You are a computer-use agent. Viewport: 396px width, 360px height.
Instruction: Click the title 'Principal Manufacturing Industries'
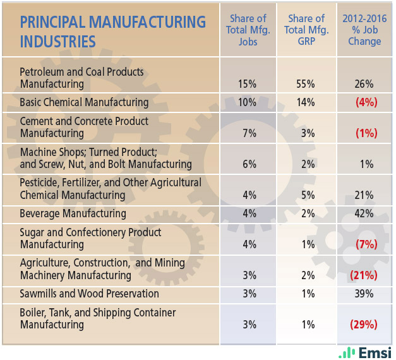(x=112, y=32)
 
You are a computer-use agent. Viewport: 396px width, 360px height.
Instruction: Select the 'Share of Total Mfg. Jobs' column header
(x=248, y=30)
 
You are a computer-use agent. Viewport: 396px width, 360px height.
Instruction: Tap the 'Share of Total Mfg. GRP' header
(x=306, y=30)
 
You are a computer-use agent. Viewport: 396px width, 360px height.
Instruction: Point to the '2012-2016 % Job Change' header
(x=364, y=30)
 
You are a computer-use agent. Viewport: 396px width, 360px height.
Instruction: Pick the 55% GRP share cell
(x=306, y=84)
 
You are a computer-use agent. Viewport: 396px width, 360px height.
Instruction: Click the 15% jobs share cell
(x=248, y=84)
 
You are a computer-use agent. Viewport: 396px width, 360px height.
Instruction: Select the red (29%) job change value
(x=364, y=325)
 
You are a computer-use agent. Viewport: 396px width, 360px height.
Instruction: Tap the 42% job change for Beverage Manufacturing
(x=364, y=213)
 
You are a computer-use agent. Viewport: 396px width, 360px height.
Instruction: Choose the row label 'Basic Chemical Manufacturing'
(x=84, y=102)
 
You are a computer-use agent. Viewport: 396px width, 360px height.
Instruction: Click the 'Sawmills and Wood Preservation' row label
(x=89, y=294)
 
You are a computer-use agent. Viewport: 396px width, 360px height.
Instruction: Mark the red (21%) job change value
(x=364, y=275)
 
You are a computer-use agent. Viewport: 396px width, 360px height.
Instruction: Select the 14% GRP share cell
(x=306, y=102)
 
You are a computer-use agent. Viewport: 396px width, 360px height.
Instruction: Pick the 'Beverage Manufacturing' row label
(x=73, y=213)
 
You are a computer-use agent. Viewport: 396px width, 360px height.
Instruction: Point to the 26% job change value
(x=364, y=84)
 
